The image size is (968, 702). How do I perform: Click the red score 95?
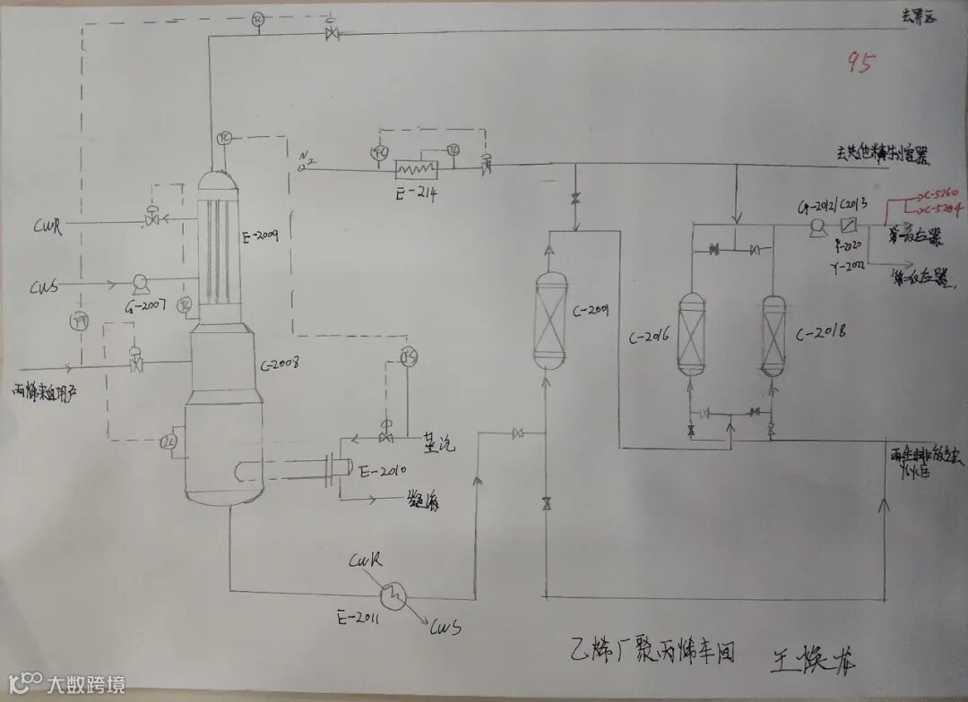pos(860,64)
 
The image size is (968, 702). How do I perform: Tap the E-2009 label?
pos(260,237)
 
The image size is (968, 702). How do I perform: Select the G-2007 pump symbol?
pos(139,285)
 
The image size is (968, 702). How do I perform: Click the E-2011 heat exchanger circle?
pos(392,593)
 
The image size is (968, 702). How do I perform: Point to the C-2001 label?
pos(591,311)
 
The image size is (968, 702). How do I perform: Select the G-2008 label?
pos(279,364)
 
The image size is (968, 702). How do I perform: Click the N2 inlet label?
pos(307,161)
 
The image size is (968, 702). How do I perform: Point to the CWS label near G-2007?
pos(45,287)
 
